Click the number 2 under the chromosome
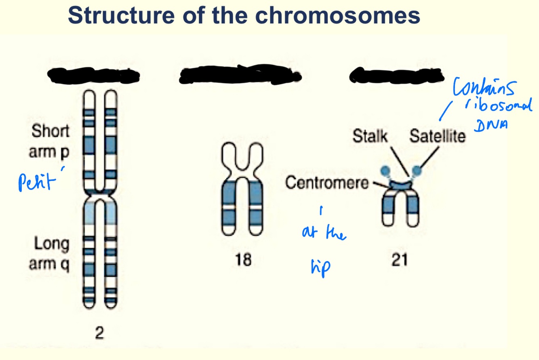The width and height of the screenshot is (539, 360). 99,333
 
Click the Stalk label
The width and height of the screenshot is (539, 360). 370,137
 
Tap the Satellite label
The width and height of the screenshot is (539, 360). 437,137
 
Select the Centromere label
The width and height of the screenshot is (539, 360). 326,183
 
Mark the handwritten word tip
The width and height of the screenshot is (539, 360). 320,268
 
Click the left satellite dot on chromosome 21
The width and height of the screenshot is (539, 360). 385,171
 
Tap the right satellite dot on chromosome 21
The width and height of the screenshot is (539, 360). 417,171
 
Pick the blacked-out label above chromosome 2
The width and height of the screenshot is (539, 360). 93,75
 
